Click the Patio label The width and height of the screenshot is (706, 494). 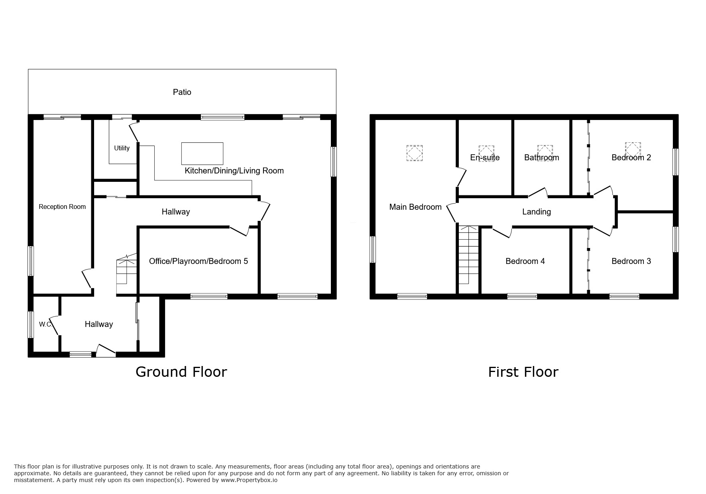click(182, 92)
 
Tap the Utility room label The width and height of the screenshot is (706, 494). click(122, 148)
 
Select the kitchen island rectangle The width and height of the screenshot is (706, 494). click(202, 154)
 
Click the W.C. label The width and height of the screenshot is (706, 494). click(45, 324)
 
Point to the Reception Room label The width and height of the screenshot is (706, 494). click(62, 207)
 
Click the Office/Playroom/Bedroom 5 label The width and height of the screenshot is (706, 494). click(198, 261)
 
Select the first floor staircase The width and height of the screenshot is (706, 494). click(468, 255)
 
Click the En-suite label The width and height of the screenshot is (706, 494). click(484, 157)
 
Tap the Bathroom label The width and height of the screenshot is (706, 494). click(541, 157)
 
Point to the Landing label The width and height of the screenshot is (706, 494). click(536, 212)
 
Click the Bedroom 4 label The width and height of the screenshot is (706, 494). click(525, 261)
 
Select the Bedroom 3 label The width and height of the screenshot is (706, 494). click(631, 261)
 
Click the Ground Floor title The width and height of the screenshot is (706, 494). click(181, 372)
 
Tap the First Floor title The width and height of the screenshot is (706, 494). click(523, 372)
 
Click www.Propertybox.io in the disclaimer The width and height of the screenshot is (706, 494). click(249, 480)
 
